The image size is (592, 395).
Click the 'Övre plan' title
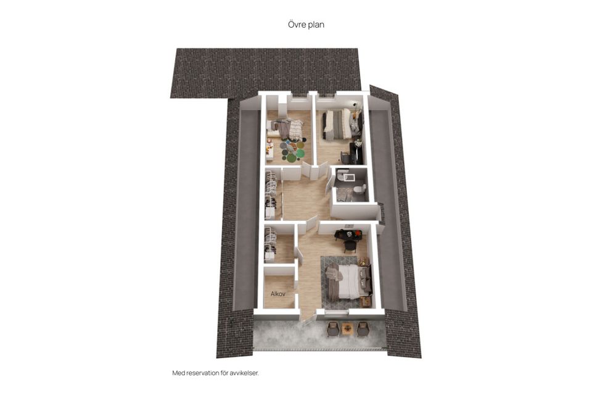tap(306, 25)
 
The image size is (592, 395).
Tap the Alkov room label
tap(277, 294)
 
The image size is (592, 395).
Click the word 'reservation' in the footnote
tap(206, 373)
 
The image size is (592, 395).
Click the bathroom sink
tap(344, 175)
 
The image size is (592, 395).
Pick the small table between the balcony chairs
tap(347, 329)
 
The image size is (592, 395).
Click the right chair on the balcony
tap(362, 328)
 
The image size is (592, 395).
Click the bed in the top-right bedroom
tap(339, 124)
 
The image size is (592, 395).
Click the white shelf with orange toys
tap(269, 150)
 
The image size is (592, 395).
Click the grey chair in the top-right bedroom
tap(345, 157)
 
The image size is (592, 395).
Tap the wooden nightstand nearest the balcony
tap(366, 302)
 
